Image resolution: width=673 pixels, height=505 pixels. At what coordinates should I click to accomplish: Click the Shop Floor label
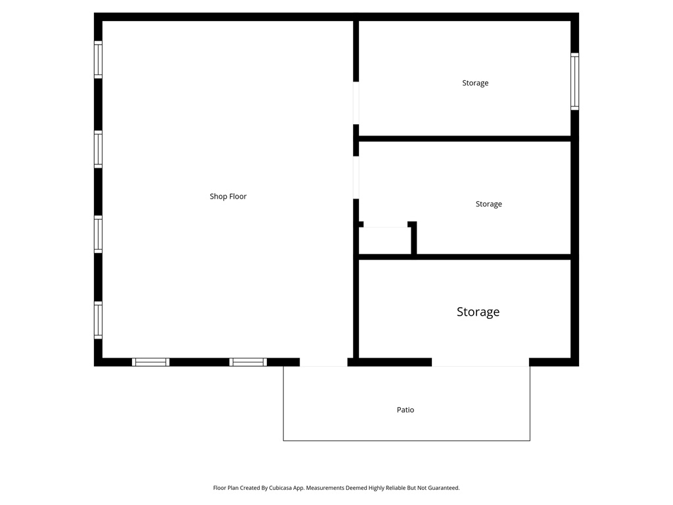(228, 197)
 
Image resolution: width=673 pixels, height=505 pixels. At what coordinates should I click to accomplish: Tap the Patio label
(406, 410)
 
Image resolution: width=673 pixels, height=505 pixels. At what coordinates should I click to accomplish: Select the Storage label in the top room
(475, 83)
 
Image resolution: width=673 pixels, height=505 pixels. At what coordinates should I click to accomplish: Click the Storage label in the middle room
(488, 204)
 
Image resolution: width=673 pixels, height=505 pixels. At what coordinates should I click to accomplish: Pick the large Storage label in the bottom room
(478, 312)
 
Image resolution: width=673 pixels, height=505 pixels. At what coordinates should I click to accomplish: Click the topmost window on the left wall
(98, 59)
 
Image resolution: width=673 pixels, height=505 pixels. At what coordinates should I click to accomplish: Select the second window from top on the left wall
(98, 149)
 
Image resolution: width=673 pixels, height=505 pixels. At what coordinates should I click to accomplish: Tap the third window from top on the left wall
(98, 234)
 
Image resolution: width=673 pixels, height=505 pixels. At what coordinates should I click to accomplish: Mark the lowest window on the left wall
(98, 320)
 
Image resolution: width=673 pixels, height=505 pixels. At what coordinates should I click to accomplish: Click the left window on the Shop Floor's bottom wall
(151, 362)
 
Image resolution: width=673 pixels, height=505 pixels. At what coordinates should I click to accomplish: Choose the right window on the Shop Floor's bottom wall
(248, 362)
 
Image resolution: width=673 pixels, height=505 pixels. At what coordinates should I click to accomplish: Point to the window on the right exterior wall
(574, 81)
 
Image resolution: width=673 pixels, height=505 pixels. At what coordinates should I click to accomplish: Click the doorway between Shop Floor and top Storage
(356, 103)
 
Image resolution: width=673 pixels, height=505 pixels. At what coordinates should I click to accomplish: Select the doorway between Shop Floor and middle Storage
(356, 177)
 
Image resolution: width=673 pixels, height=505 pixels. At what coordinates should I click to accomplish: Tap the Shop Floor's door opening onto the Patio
(323, 362)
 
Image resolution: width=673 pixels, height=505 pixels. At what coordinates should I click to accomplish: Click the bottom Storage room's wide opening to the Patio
(480, 362)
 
